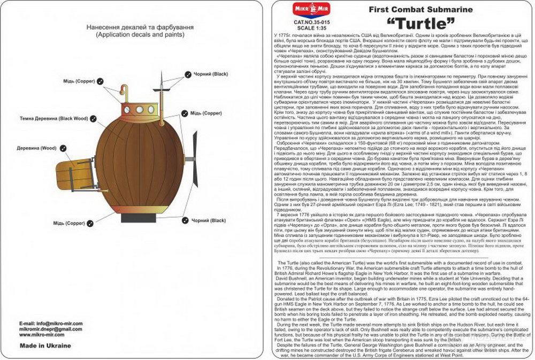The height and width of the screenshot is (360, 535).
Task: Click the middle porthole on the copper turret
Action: [140, 109]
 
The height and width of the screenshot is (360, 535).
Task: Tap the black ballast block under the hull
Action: [141, 218]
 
